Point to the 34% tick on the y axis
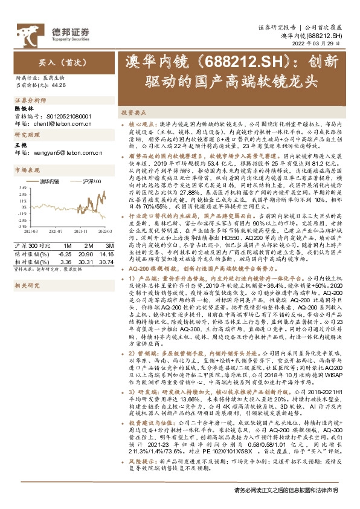(x=23, y=188)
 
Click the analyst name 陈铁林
(x=24, y=109)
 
